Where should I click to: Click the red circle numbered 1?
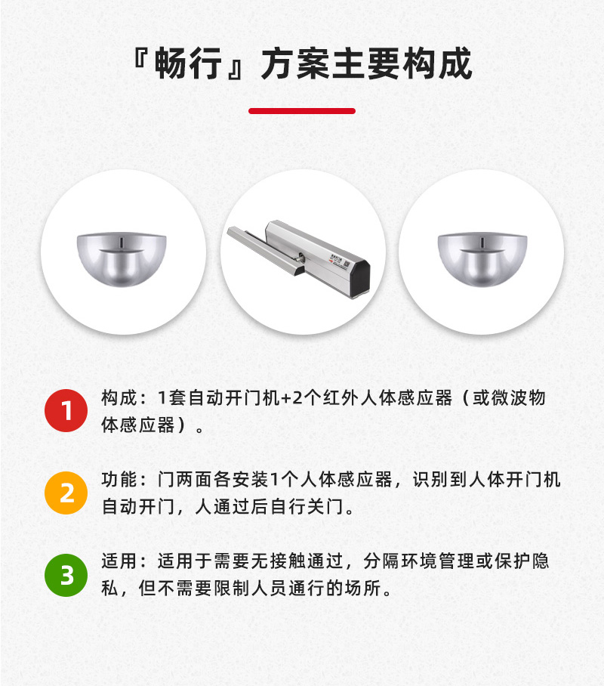tap(66, 410)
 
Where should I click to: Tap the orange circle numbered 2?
tap(66, 493)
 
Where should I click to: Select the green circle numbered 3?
tap(66, 576)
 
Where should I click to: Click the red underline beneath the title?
tap(302, 111)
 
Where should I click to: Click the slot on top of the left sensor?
tap(122, 241)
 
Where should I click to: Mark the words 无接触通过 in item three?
tap(299, 562)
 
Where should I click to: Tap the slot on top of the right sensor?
tap(482, 241)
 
